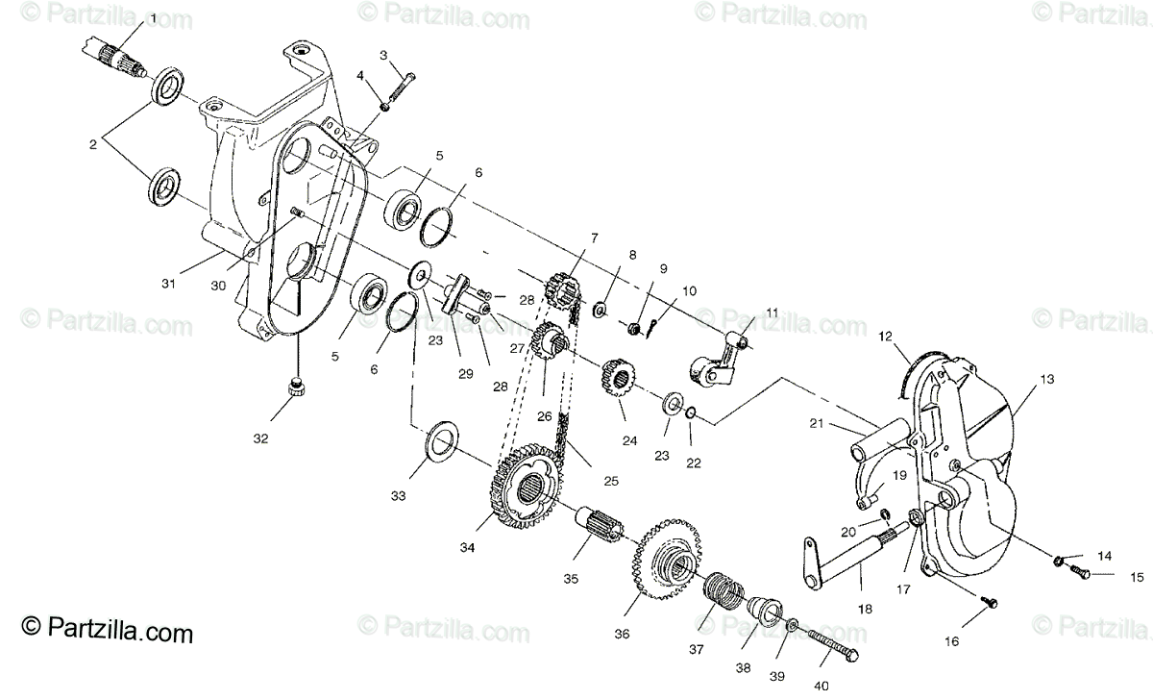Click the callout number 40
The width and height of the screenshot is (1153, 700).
[x=820, y=685]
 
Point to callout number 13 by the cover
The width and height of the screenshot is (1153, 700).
[x=1046, y=379]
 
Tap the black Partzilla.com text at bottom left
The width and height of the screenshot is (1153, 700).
[x=108, y=633]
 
